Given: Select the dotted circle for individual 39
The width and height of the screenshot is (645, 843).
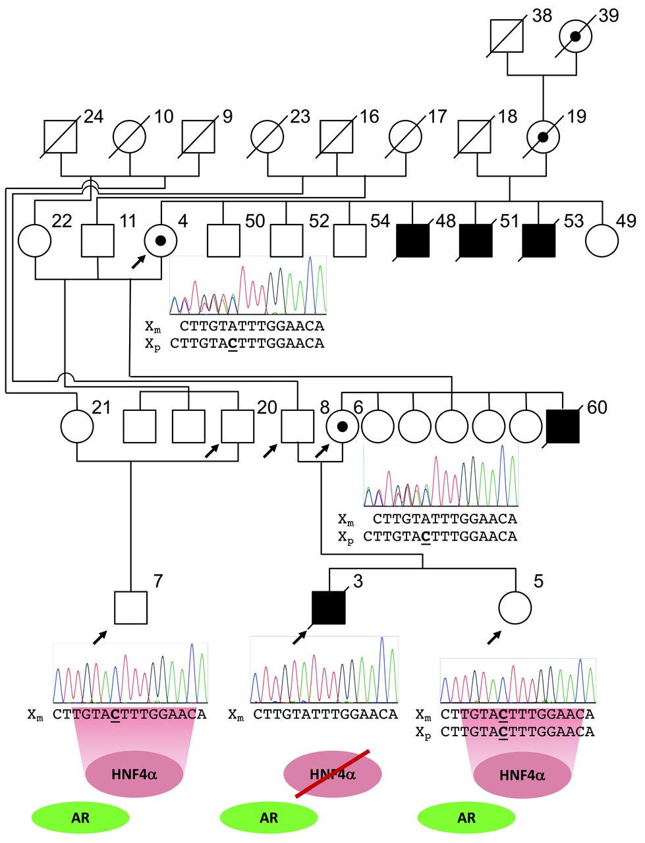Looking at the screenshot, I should coord(575,37).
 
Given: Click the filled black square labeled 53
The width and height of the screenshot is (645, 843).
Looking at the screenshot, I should coord(539,240).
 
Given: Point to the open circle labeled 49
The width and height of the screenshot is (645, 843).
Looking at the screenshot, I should coord(602,240).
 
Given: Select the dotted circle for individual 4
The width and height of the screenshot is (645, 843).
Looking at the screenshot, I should coord(160,240).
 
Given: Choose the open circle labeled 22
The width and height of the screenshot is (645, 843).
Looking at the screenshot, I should coord(35,240).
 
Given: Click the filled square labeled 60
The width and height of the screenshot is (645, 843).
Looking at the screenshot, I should coord(563,427).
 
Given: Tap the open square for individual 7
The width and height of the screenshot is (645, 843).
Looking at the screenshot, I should coord(130,607).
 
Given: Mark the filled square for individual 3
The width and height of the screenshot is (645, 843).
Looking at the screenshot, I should coord(329,607).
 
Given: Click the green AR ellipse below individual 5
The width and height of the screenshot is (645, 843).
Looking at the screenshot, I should coord(466,818).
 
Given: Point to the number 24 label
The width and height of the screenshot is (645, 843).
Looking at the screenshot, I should coord(94,117).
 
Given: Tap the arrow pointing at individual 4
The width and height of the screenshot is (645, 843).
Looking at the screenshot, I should coord(138,261).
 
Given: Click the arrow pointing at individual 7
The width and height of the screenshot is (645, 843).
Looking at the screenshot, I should coord(99,637).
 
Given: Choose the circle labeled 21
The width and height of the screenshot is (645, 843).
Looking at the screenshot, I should coord(77,427).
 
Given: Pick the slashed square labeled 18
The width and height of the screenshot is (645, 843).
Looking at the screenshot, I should coord(474,138).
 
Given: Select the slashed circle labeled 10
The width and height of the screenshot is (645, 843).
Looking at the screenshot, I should coord(130,138).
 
